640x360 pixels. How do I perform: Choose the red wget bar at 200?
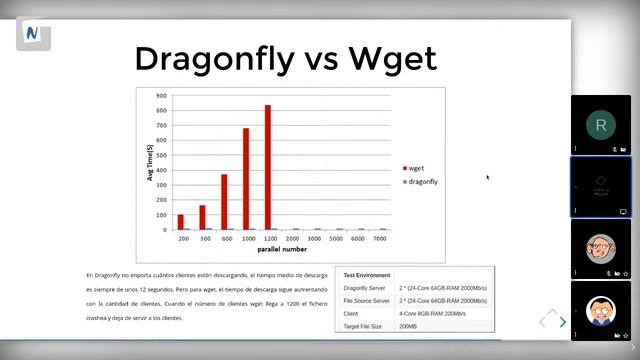(x=181, y=222)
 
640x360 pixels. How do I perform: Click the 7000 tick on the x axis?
(x=379, y=240)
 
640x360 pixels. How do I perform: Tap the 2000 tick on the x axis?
(x=292, y=240)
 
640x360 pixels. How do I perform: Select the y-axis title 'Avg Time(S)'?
(x=150, y=162)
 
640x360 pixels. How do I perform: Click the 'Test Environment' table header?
(x=365, y=274)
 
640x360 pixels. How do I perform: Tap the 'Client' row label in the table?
(x=351, y=313)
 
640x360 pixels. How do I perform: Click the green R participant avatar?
(x=600, y=125)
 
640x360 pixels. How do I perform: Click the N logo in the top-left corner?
(x=33, y=33)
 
